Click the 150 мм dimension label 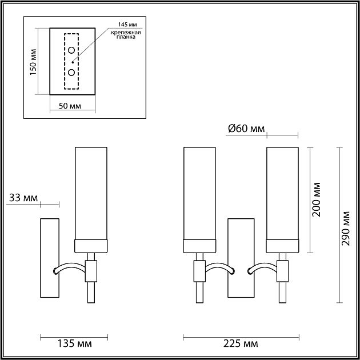(x=33, y=62)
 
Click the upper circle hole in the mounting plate (x=71, y=51)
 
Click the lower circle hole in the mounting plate (x=71, y=72)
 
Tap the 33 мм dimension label (x=23, y=198)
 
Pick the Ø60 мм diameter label (x=246, y=129)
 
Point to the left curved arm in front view (x=219, y=267)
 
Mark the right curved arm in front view (x=262, y=267)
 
